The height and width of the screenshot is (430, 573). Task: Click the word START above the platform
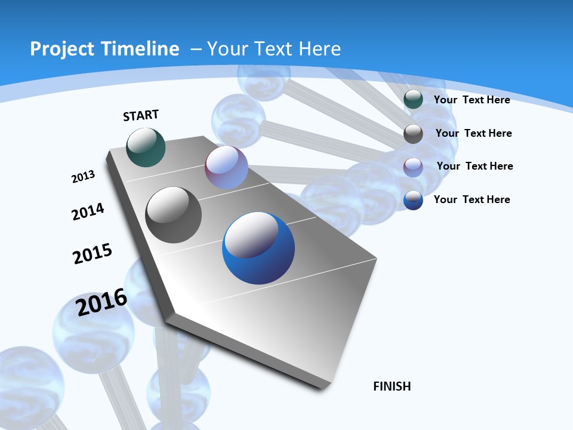(141, 115)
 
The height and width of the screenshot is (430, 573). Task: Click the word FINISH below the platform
(392, 386)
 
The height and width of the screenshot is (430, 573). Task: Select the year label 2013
(83, 177)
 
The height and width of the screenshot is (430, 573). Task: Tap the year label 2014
(88, 212)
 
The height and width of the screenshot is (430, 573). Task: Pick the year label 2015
(93, 253)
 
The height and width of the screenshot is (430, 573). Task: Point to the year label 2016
(101, 302)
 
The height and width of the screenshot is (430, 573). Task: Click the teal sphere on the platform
(146, 148)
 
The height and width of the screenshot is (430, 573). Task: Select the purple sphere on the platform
(226, 167)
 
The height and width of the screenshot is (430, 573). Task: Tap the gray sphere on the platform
(173, 215)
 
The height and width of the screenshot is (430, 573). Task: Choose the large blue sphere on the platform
(258, 248)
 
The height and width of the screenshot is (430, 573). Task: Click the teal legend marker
(413, 100)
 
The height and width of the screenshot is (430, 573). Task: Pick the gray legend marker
(413, 134)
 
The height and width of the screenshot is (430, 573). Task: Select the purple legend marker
(413, 167)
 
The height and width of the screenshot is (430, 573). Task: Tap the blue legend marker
(413, 200)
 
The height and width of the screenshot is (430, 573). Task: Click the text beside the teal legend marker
(472, 100)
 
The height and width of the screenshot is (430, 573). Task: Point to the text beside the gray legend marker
(473, 133)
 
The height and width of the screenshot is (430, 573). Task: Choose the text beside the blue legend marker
(472, 199)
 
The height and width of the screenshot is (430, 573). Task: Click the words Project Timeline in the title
(104, 49)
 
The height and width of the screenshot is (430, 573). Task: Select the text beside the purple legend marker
(475, 166)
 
